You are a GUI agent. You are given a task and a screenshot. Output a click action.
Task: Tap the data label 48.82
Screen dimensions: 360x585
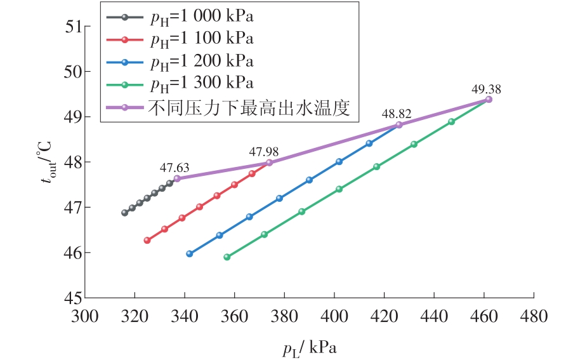point(397,114)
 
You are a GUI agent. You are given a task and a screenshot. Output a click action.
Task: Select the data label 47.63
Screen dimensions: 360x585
point(174,168)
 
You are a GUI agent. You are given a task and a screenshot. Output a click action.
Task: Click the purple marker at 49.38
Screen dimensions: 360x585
point(489,100)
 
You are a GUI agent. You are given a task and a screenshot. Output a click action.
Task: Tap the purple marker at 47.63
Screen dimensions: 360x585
point(177,178)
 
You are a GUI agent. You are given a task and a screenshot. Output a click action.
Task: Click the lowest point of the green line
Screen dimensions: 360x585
point(227,257)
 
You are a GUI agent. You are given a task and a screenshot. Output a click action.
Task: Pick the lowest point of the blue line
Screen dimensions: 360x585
point(189,254)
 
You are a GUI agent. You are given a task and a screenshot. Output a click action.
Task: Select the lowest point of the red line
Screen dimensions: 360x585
point(147,240)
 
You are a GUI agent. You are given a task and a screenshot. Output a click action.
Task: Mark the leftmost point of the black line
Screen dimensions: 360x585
point(124,213)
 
